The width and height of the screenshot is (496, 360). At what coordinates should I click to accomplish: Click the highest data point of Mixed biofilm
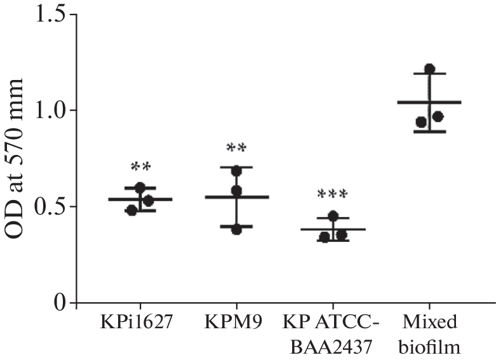(429, 69)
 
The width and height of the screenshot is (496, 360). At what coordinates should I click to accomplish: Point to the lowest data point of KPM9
(236, 229)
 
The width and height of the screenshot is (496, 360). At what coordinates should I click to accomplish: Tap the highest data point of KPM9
(237, 171)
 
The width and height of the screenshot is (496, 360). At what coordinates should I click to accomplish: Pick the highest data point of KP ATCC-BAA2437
(333, 217)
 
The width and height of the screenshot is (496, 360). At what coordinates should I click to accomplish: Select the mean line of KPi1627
(140, 199)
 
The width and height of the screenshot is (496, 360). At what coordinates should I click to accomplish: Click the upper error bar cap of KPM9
(236, 167)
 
